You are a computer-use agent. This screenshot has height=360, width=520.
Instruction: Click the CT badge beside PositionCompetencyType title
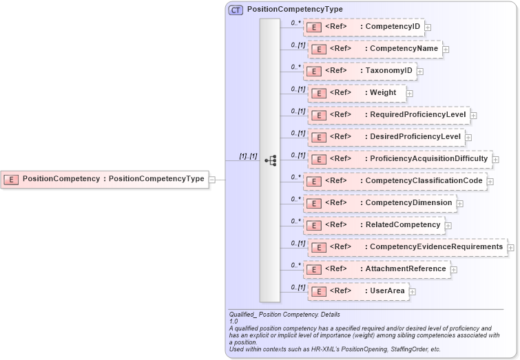click(x=236, y=10)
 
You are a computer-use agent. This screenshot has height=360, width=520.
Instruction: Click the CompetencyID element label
click(x=393, y=27)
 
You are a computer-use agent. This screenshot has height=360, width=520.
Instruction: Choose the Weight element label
click(x=383, y=93)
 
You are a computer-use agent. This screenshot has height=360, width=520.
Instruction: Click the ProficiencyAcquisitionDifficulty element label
click(x=428, y=158)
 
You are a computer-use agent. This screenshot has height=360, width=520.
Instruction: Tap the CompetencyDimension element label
click(x=408, y=202)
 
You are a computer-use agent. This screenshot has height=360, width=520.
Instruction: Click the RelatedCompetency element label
click(x=402, y=224)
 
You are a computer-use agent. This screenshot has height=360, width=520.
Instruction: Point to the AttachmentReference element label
click(x=406, y=268)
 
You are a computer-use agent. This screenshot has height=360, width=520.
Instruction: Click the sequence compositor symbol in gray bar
click(x=270, y=160)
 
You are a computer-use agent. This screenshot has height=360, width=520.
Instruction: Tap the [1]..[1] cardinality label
click(x=248, y=156)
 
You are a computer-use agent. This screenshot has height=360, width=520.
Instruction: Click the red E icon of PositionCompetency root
click(x=11, y=179)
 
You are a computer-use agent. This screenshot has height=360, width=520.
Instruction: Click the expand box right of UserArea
click(x=413, y=291)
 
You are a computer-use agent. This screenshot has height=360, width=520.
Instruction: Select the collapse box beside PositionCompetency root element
click(x=212, y=180)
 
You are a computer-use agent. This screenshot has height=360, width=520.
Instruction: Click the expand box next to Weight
click(x=410, y=93)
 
